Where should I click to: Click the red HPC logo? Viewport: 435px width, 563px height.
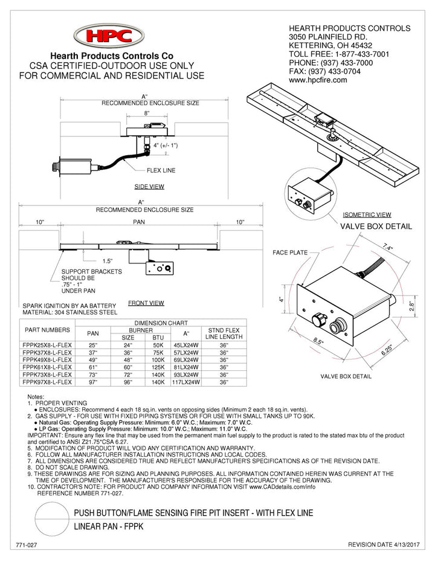coord(108,37)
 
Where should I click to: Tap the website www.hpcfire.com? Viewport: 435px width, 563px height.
coord(318,80)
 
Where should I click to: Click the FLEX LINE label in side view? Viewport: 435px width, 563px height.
coord(160,170)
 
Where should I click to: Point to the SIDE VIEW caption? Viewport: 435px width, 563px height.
coord(149,187)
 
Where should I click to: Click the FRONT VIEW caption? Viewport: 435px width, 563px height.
coord(146,303)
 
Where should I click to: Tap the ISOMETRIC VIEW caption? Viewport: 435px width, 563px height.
coord(367,214)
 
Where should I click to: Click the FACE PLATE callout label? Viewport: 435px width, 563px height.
coord(290,252)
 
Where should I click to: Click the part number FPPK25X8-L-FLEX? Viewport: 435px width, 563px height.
coord(47,343)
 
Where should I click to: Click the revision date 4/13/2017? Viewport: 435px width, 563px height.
coord(384,544)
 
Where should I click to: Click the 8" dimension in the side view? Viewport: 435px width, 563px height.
coord(146,113)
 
